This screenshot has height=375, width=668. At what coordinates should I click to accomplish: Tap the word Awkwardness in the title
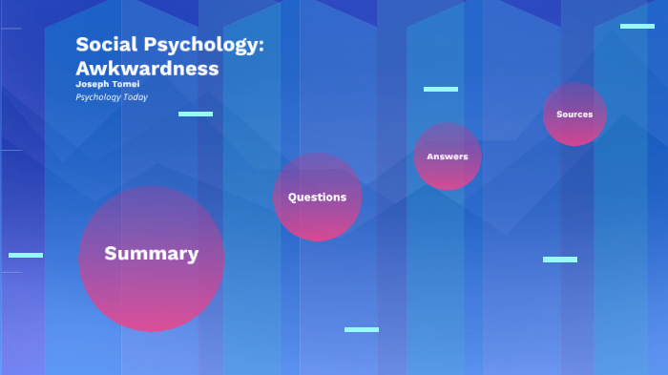click(x=147, y=69)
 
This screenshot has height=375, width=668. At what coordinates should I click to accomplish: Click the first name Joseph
click(x=92, y=84)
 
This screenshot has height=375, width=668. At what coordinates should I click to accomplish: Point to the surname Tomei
click(x=126, y=84)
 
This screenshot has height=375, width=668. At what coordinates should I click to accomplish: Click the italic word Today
click(x=135, y=97)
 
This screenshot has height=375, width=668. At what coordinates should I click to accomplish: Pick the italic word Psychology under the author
click(x=97, y=97)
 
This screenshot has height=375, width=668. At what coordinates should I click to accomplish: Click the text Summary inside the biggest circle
click(x=152, y=254)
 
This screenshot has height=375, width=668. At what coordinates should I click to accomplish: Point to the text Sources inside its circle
click(x=574, y=115)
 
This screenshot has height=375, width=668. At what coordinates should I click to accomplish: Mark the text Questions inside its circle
click(x=318, y=198)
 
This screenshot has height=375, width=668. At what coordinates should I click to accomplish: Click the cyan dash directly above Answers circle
click(x=441, y=90)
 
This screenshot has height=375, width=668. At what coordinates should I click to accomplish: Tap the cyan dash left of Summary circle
click(x=26, y=256)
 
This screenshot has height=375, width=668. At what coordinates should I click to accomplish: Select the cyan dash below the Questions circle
click(x=362, y=330)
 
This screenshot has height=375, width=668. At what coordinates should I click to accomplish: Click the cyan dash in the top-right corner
click(x=637, y=27)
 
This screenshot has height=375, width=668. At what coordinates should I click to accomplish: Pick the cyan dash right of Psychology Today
click(x=196, y=115)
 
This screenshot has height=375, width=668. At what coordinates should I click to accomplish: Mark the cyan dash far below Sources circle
click(x=560, y=260)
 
